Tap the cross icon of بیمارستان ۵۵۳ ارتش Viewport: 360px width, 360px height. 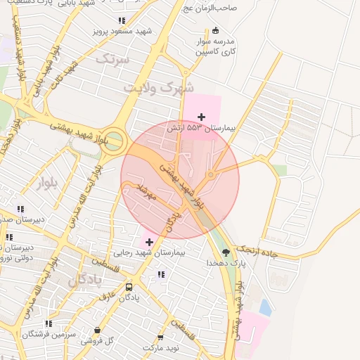pyautogui.click(x=202, y=117)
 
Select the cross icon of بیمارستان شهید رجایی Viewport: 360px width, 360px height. pyautogui.click(x=149, y=242)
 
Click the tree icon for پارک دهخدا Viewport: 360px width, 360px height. pyautogui.click(x=225, y=252)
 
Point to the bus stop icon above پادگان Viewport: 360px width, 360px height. pyautogui.click(x=129, y=287)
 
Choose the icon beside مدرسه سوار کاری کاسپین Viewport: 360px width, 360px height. pyautogui.click(x=215, y=30)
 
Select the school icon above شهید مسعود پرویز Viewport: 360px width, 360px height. pyautogui.click(x=122, y=21)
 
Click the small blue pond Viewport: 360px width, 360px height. pyautogui.click(x=264, y=307)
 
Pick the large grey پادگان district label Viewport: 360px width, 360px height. pyautogui.click(x=85, y=280)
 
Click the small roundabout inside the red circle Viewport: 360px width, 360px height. pyautogui.click(x=210, y=174)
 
